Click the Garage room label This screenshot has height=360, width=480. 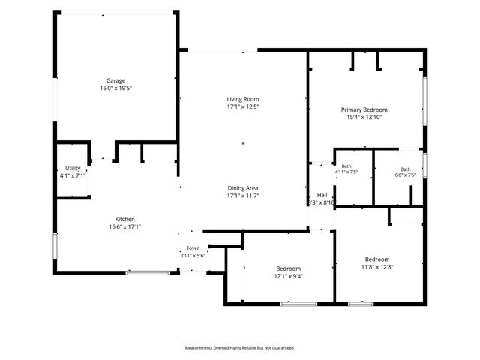[x=115, y=80]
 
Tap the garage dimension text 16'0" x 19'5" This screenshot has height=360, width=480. [x=115, y=88]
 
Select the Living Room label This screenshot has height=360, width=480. [x=243, y=99]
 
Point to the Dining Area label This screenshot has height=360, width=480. [x=243, y=188]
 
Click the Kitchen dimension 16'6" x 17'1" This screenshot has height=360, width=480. [x=125, y=226]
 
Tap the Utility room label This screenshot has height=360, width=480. [x=73, y=168]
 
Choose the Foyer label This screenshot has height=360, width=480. [x=193, y=248]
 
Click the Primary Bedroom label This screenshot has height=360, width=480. [x=364, y=109]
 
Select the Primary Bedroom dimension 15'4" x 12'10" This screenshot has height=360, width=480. [x=364, y=117]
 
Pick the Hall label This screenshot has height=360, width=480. [x=322, y=195]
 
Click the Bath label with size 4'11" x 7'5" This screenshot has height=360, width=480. [x=346, y=166]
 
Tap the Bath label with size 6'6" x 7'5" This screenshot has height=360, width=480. [x=405, y=169]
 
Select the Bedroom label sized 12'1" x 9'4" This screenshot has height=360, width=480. [x=288, y=268]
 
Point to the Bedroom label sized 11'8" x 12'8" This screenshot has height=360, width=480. [x=377, y=259]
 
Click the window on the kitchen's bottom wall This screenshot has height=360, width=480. [x=148, y=272]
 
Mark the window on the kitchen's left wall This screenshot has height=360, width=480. [x=55, y=245]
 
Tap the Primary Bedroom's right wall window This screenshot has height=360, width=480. [x=424, y=100]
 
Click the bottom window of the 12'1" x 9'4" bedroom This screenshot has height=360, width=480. [x=298, y=304]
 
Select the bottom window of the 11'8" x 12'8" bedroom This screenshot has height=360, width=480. [x=361, y=304]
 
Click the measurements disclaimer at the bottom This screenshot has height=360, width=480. [x=240, y=348]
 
